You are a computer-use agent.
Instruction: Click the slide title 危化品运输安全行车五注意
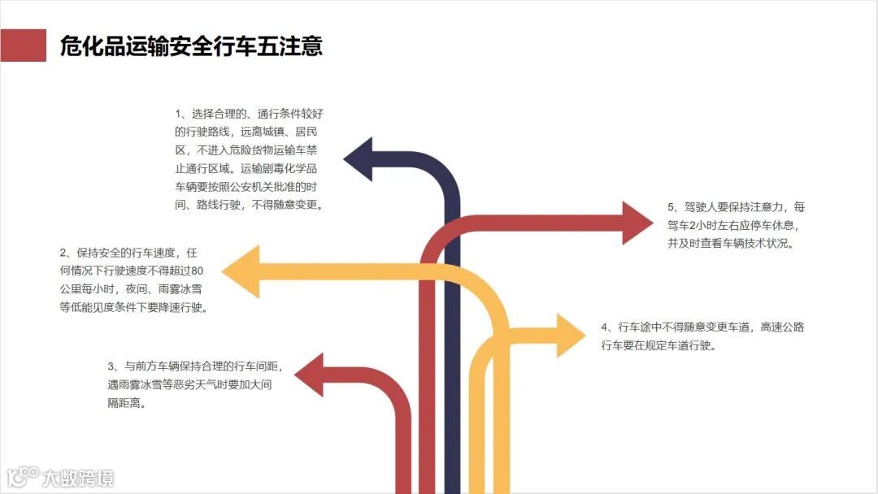click(x=191, y=46)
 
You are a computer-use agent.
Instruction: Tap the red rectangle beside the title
click(x=23, y=45)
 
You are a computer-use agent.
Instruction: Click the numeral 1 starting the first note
click(x=179, y=113)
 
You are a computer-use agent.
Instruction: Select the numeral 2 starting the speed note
click(x=63, y=252)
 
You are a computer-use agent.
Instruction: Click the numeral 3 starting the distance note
click(x=111, y=366)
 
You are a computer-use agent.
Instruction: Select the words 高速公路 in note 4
click(x=783, y=327)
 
